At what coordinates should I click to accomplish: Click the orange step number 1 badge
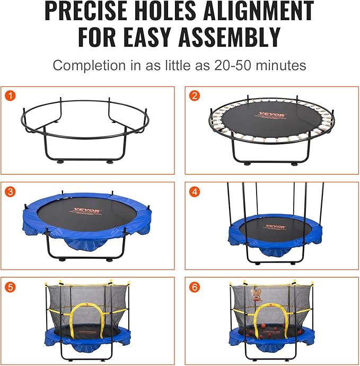click(10, 96)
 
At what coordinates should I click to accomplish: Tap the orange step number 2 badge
click(195, 96)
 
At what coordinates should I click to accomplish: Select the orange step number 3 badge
click(10, 191)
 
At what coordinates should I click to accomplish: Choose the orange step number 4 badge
click(195, 191)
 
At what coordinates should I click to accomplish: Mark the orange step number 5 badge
click(10, 287)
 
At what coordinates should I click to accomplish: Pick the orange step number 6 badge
click(195, 287)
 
